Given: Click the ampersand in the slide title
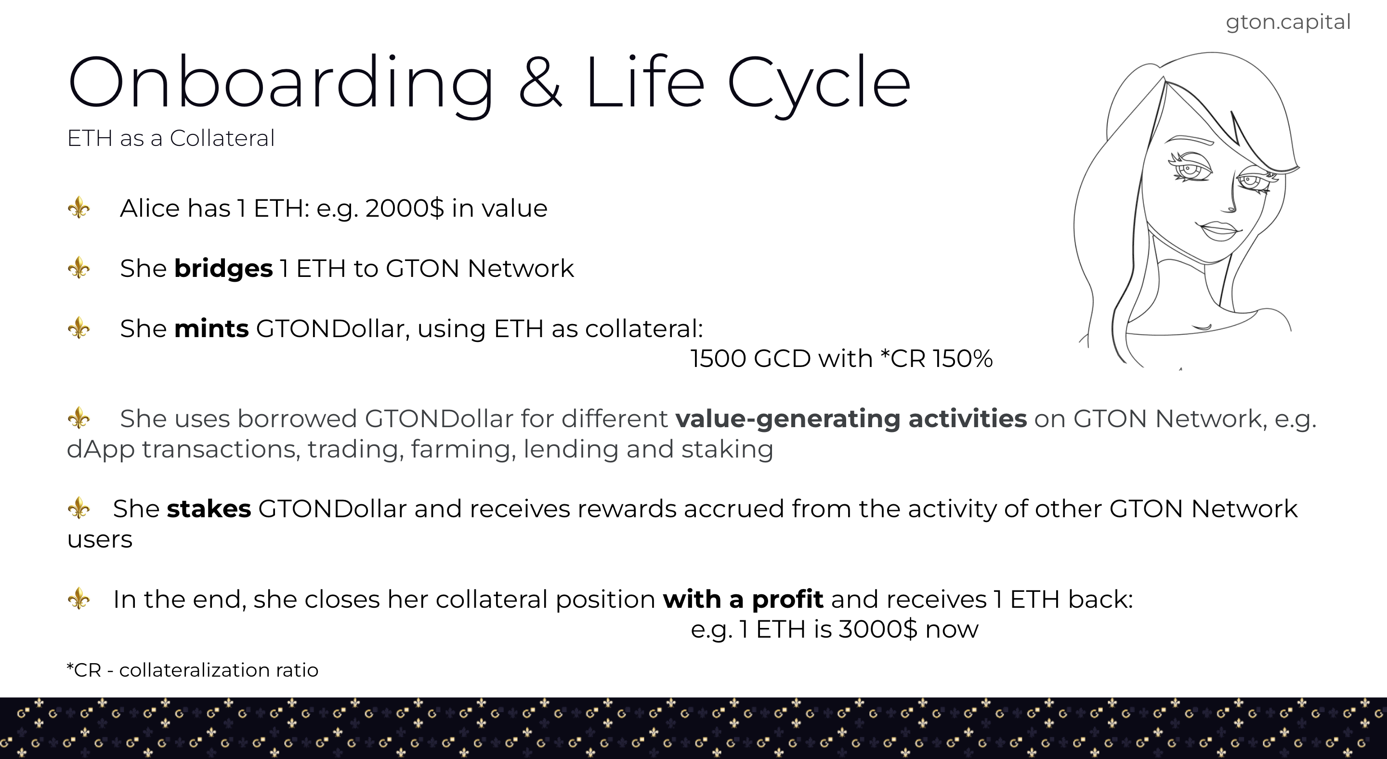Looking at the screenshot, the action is pyautogui.click(x=540, y=82).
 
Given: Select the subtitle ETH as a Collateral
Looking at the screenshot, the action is pyautogui.click(x=170, y=138).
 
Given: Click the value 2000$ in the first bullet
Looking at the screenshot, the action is pyautogui.click(x=405, y=209).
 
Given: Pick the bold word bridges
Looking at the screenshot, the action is pyautogui.click(x=223, y=269).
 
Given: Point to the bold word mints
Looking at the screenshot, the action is pyautogui.click(x=211, y=328).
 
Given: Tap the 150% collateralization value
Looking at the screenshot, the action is pyautogui.click(x=962, y=358).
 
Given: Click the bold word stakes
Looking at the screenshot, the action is pyautogui.click(x=209, y=509).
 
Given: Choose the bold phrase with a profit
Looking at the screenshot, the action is pyautogui.click(x=743, y=600).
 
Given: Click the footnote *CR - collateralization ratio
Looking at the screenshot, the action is pyautogui.click(x=192, y=670).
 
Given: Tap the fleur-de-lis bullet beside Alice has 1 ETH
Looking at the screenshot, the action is pyautogui.click(x=79, y=208).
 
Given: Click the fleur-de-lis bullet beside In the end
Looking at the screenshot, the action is pyautogui.click(x=79, y=599).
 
